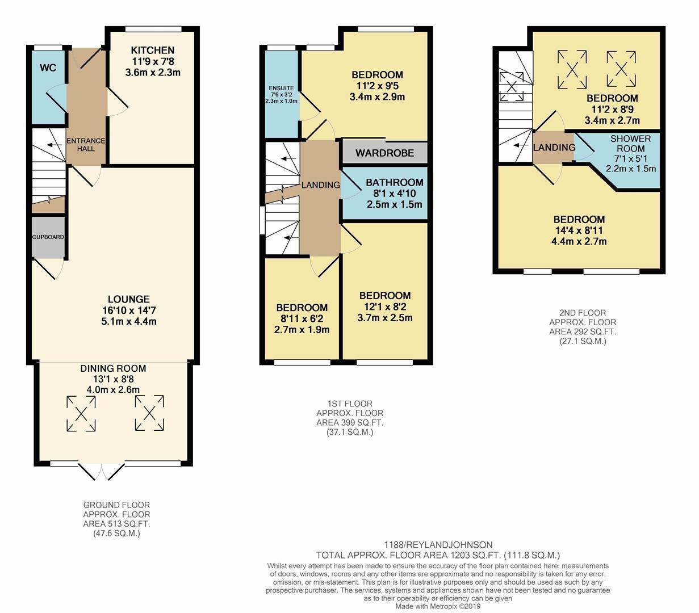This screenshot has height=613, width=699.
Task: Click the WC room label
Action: pos(48,68)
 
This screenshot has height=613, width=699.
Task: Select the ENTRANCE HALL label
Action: pos(86,145)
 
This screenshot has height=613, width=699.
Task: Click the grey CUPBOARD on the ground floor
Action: pos(48,237)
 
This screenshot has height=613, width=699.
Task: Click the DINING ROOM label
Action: pos(113,368)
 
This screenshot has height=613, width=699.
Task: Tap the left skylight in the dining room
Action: pos(81,413)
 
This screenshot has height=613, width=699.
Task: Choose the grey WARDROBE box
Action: pos(384,153)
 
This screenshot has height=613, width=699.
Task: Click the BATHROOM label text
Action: pos(394,183)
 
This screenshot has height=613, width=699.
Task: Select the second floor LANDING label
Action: pos(554,148)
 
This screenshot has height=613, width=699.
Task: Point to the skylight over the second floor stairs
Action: pos(511,87)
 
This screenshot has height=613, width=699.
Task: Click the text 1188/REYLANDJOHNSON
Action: pos(438,545)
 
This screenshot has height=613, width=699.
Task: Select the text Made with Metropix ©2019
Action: pos(438,606)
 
